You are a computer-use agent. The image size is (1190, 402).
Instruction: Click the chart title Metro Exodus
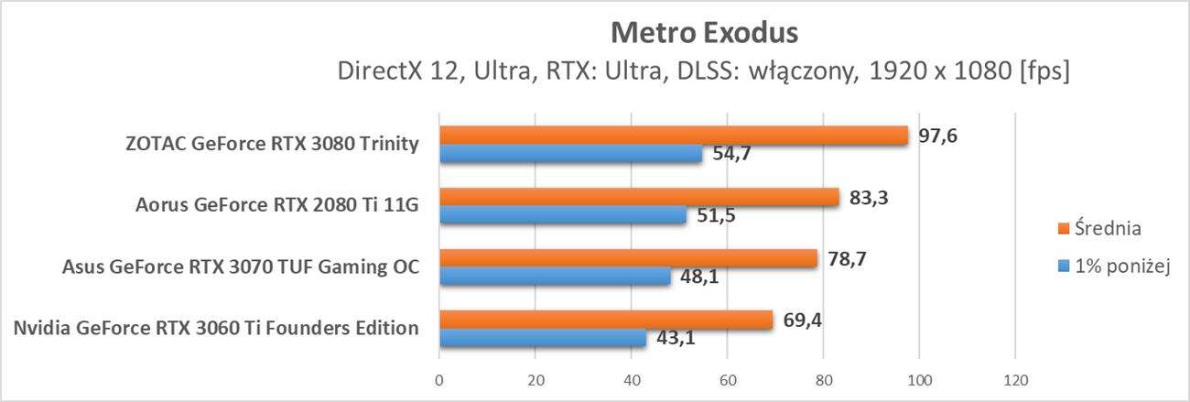click(704, 34)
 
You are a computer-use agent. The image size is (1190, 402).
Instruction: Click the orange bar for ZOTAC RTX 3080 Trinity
click(673, 135)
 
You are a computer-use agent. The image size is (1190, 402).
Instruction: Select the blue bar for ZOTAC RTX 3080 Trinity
click(570, 154)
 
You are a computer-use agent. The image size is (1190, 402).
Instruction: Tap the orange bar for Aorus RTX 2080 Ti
click(639, 197)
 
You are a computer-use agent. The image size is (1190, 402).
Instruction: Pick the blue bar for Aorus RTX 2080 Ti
click(563, 215)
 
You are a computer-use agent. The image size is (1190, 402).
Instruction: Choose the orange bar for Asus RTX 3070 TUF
click(628, 258)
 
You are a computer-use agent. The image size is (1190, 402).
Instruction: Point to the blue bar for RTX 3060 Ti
click(543, 338)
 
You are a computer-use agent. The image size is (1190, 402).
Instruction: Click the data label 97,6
click(938, 136)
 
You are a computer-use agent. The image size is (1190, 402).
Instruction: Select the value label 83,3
click(870, 197)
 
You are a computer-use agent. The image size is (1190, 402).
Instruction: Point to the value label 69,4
click(803, 320)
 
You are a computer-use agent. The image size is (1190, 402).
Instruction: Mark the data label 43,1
click(676, 338)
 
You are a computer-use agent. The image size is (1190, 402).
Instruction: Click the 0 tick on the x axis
click(439, 380)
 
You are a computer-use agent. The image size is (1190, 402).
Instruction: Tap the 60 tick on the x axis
click(727, 380)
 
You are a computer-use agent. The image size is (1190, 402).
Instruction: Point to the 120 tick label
click(1014, 380)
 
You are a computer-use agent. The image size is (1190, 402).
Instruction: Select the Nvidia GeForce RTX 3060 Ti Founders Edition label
click(217, 328)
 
